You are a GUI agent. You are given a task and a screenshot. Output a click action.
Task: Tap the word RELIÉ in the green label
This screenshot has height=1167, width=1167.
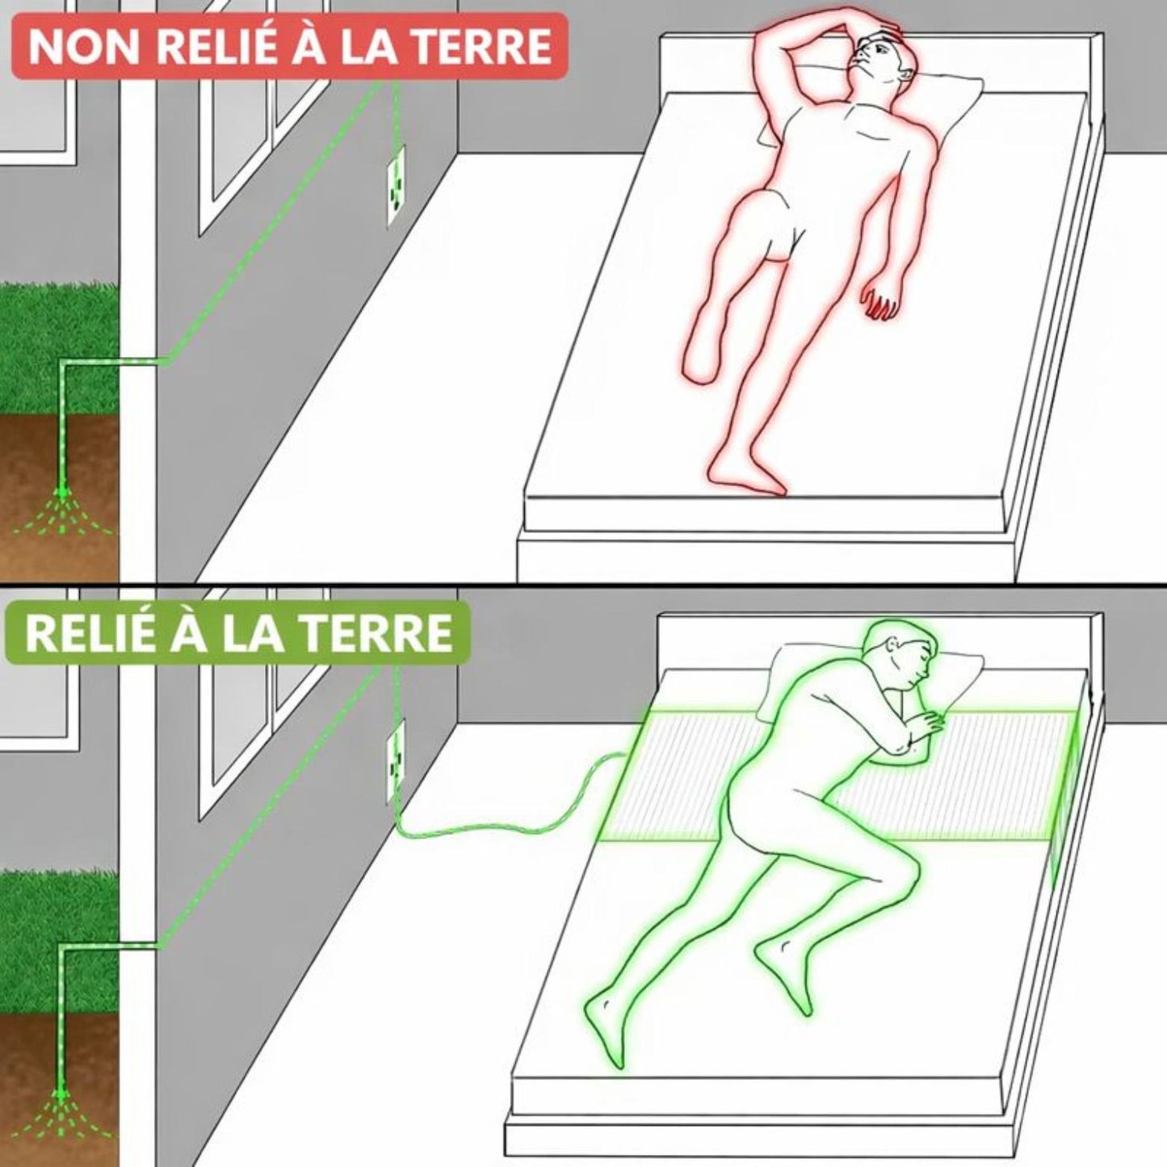(x=90, y=633)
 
